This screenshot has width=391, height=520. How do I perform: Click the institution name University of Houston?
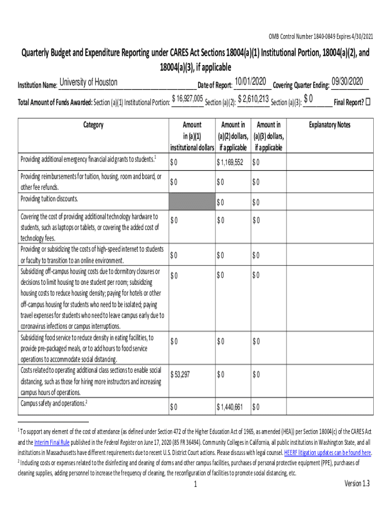88,82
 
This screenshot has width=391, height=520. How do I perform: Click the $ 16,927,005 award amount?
188,99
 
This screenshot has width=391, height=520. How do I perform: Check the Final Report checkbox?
368,102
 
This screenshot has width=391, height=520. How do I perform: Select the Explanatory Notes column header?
330,125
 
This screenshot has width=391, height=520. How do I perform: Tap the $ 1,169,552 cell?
230,162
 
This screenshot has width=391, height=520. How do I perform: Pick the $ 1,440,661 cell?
230,407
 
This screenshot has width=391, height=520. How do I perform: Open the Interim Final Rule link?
53,442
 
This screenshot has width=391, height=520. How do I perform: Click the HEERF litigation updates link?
328,452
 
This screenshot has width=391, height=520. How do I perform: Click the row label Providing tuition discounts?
49,199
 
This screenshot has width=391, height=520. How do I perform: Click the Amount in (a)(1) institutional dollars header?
191,136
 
